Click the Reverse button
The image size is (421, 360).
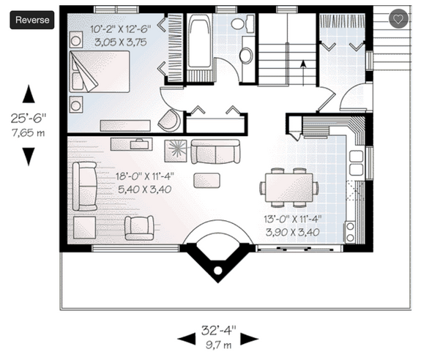32,20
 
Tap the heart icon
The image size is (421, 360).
398,20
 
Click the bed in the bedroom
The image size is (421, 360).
100,71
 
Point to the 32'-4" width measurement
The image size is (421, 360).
218,330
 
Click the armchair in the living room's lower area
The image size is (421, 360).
138,227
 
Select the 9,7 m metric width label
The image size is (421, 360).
218,343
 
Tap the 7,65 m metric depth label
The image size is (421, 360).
29,132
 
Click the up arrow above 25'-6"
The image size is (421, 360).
29,94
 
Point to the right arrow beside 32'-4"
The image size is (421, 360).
250,337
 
